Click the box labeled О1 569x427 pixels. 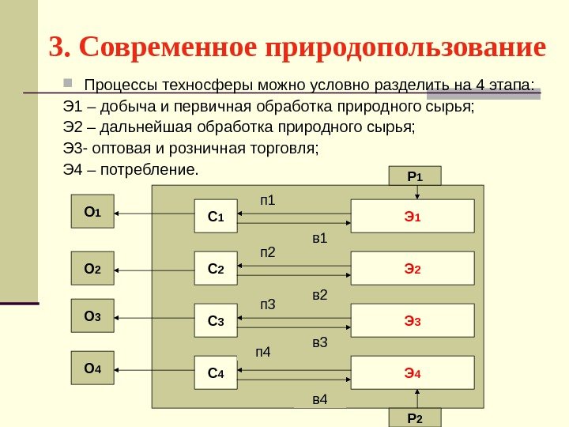coord(92,212)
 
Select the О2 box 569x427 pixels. coord(92,269)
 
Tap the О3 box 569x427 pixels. coord(92,316)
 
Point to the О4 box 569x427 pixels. coord(92,368)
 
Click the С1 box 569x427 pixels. coord(216,217)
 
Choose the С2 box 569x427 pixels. coord(216,269)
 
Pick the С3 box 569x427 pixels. coord(216,321)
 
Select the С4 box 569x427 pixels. coord(216,373)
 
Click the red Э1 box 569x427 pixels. coord(412,216)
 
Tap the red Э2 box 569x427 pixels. coord(412,269)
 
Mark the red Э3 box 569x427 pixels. coord(412,321)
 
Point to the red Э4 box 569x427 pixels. coord(412,373)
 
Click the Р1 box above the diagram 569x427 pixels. coord(415,176)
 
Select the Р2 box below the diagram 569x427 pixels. coord(415,418)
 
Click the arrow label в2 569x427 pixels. coord(320,295)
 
